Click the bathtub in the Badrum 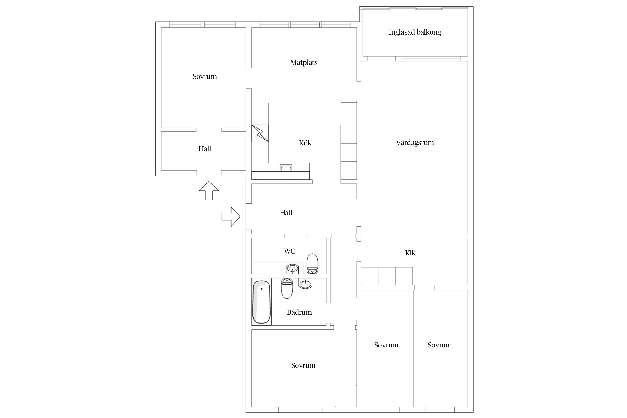pyautogui.click(x=261, y=302)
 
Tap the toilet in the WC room pyautogui.click(x=312, y=264)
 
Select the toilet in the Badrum pyautogui.click(x=287, y=288)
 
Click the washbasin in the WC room pyautogui.click(x=292, y=269)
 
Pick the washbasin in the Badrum pyautogui.click(x=305, y=284)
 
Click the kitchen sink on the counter pyautogui.click(x=286, y=168)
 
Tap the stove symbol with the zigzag pyautogui.click(x=260, y=133)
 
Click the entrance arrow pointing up pyautogui.click(x=209, y=191)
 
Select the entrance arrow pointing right pyautogui.click(x=231, y=217)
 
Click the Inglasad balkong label pyautogui.click(x=415, y=32)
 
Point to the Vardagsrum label pyautogui.click(x=415, y=143)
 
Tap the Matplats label pyautogui.click(x=304, y=62)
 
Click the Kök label pyautogui.click(x=305, y=143)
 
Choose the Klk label pyautogui.click(x=410, y=253)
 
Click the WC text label pyautogui.click(x=290, y=251)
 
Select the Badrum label pyautogui.click(x=299, y=312)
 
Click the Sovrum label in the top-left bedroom pyautogui.click(x=205, y=76)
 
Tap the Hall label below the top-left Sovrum pyautogui.click(x=205, y=149)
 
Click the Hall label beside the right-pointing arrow pyautogui.click(x=286, y=213)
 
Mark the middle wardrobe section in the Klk pyautogui.click(x=387, y=276)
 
